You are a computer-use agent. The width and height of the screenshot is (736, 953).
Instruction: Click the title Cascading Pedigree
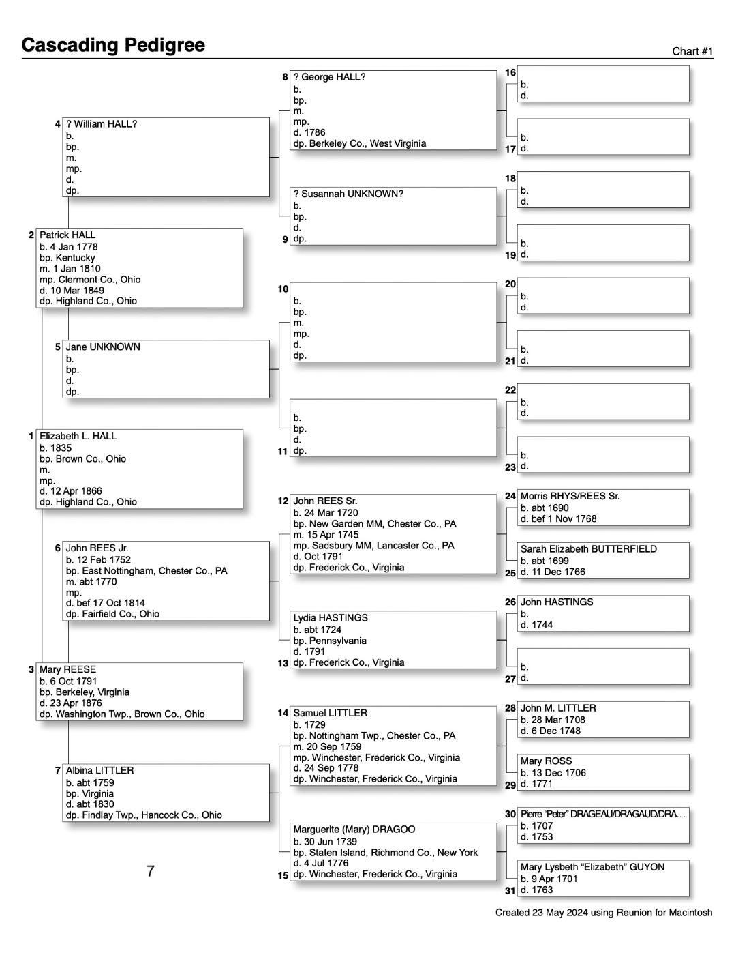click(x=113, y=45)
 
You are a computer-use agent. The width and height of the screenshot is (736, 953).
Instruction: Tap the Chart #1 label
click(x=692, y=52)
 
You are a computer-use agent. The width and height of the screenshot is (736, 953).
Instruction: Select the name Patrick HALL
click(x=67, y=235)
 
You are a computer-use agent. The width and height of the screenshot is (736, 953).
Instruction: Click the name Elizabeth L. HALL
click(x=78, y=436)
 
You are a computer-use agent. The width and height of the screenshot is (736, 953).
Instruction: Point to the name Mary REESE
click(x=67, y=669)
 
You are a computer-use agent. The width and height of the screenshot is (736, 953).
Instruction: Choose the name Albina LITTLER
click(x=99, y=770)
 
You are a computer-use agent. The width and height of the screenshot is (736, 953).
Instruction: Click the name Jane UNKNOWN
click(x=103, y=347)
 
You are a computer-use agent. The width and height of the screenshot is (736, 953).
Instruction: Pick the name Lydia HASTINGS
click(x=331, y=618)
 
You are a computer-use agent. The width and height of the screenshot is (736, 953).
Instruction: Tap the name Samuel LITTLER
click(x=330, y=713)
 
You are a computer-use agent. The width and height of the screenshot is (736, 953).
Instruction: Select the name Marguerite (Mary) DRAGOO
click(x=354, y=830)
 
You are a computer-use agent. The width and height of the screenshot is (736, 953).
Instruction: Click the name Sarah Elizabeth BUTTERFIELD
click(x=589, y=549)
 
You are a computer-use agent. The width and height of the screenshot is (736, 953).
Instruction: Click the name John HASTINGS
click(x=557, y=602)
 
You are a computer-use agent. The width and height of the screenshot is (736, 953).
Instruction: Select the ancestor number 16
click(x=510, y=72)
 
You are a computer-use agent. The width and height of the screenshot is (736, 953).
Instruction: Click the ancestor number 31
click(x=510, y=890)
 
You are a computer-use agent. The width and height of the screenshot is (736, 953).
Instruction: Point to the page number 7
click(x=151, y=871)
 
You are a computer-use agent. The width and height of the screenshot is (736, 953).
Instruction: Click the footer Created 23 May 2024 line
click(x=604, y=913)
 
